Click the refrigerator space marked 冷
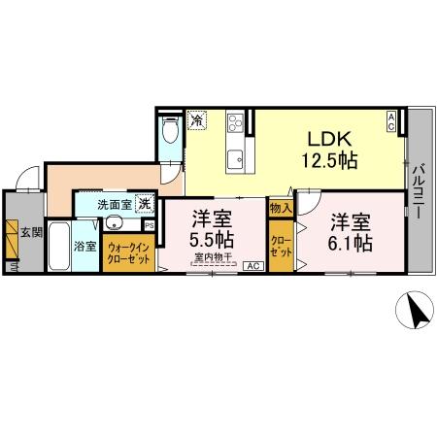197,121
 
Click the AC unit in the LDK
391,121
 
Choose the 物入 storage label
280,208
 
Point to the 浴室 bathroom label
85,246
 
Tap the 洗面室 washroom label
115,205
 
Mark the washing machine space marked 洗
144,205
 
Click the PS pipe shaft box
149,225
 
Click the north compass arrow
416,314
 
